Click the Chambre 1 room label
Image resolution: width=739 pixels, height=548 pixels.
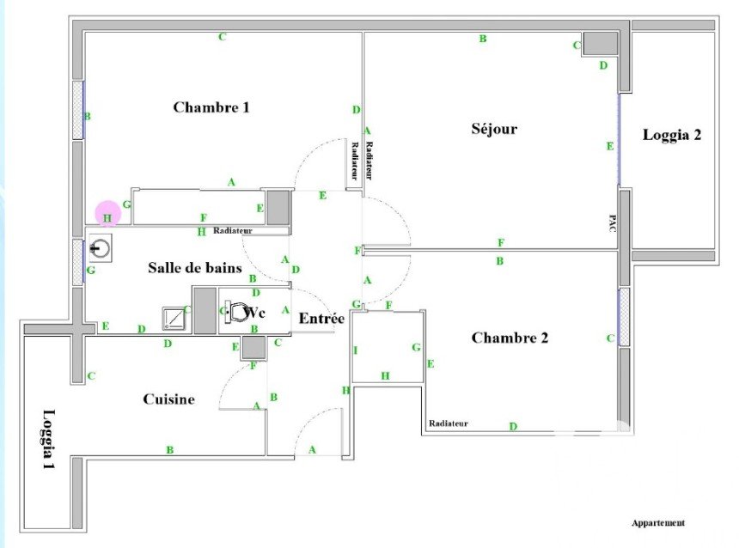click(211, 107)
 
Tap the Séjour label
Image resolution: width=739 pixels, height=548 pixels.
click(494, 129)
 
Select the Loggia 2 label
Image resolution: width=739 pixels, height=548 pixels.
click(672, 135)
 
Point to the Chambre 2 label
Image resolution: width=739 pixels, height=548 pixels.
click(510, 338)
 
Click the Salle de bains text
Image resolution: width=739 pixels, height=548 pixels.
click(195, 268)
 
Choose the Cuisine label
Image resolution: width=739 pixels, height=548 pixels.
click(168, 399)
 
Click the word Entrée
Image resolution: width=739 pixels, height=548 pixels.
click(321, 319)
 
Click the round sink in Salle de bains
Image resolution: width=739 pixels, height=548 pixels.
click(101, 248)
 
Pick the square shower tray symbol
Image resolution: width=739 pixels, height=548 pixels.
click(174, 318)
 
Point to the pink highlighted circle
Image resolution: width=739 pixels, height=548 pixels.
click(108, 214)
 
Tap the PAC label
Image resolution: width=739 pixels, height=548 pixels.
click(612, 223)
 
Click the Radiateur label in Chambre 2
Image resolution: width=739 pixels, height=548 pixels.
click(449, 423)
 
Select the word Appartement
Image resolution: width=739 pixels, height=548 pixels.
click(658, 523)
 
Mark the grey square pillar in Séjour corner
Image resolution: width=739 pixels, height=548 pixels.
click(600, 43)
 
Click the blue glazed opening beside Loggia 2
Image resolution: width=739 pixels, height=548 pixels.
click(620, 140)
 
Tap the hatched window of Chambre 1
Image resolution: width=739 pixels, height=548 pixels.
click(78, 110)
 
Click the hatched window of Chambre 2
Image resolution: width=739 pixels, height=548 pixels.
click(624, 317)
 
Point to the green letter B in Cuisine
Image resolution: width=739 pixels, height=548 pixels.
click(169, 450)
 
